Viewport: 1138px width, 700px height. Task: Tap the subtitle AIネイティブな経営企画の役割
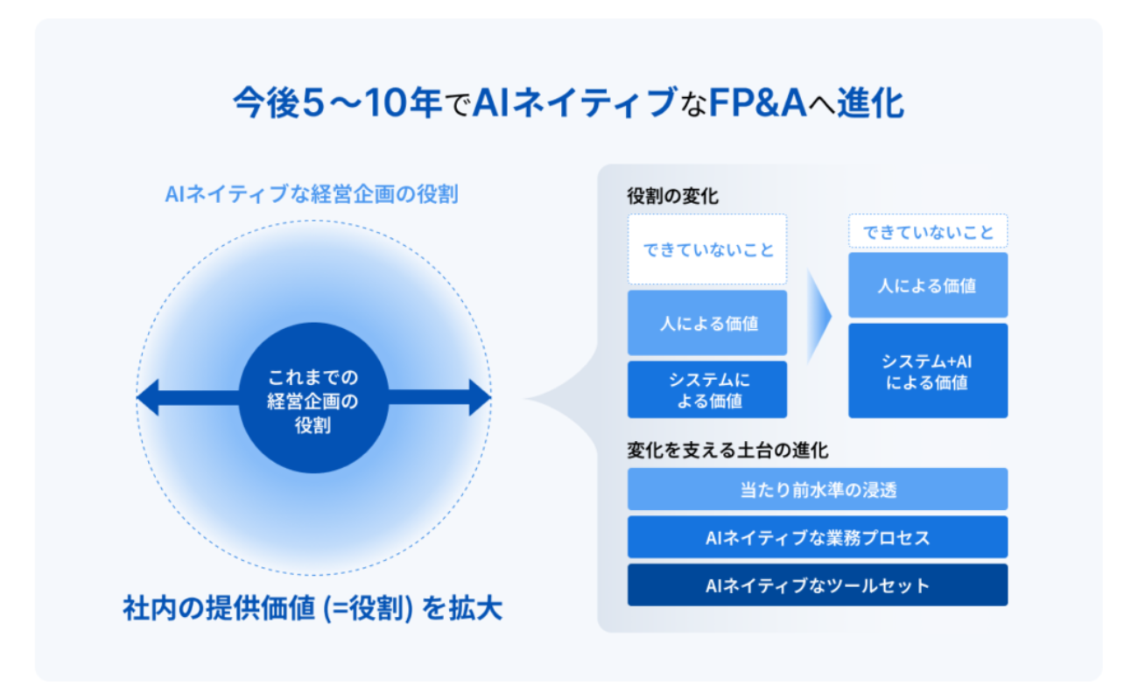click(x=312, y=194)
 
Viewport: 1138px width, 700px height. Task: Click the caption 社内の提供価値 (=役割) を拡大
click(x=313, y=609)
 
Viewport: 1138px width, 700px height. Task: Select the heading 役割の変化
click(x=672, y=196)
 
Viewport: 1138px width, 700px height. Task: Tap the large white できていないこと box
click(x=707, y=250)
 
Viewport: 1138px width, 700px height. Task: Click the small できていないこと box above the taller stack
click(x=928, y=233)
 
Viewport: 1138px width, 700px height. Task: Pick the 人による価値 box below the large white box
click(x=707, y=323)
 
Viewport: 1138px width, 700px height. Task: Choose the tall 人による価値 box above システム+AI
click(x=928, y=285)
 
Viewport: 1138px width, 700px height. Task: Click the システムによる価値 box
click(x=707, y=390)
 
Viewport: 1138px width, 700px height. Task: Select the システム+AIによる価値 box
click(x=928, y=371)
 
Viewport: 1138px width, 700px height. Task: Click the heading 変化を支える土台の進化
click(x=727, y=451)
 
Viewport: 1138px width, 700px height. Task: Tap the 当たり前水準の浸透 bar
click(x=818, y=489)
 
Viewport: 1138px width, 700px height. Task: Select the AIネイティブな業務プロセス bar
click(x=818, y=537)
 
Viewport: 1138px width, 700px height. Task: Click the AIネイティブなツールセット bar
click(x=818, y=585)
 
